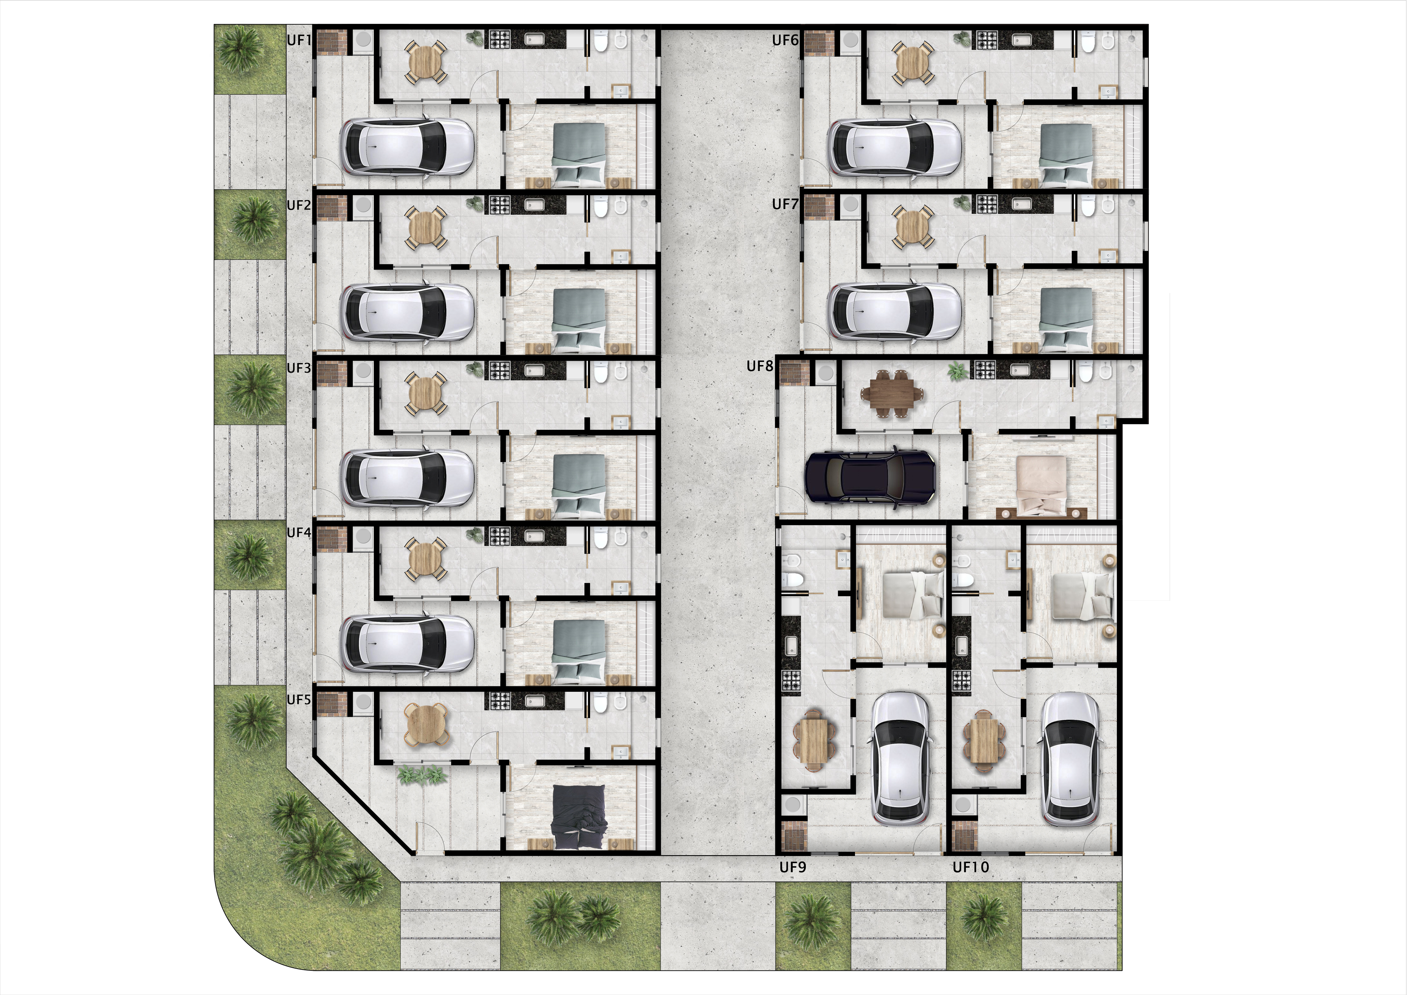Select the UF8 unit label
pyautogui.click(x=760, y=367)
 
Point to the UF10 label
pyautogui.click(x=971, y=867)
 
